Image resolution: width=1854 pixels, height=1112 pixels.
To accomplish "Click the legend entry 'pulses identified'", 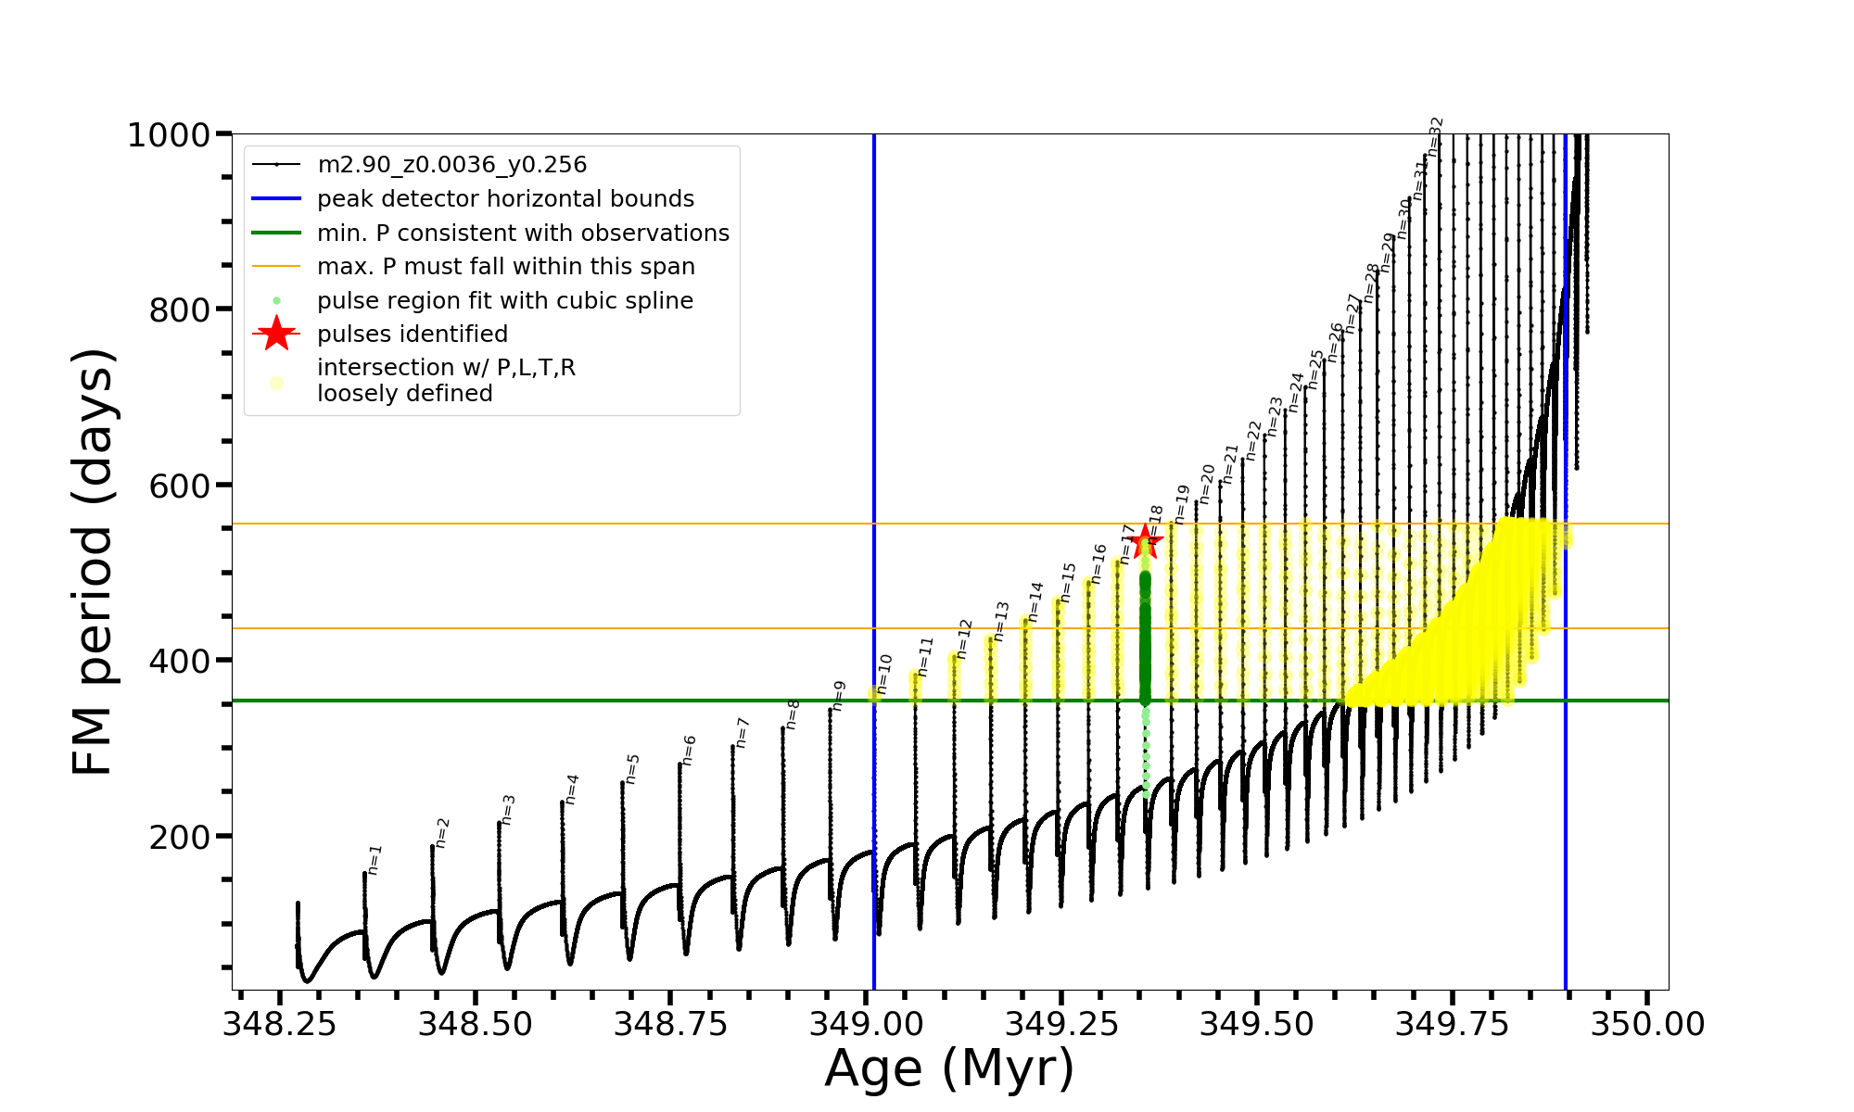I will pos(413,335).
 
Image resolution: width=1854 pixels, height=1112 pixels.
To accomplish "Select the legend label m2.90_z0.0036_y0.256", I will pos(451,165).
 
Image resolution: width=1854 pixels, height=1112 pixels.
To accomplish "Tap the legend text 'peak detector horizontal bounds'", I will pos(505,199).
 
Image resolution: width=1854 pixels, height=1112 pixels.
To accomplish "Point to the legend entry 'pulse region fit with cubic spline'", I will pos(504,301).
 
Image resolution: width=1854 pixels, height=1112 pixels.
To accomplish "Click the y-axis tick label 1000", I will pos(169,135).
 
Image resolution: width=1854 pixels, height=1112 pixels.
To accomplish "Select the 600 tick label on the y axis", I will pos(180,486).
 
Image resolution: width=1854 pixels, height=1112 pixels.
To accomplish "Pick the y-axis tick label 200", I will pos(180,837).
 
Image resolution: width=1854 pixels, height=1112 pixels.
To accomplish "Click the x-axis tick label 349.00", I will pos(866,1024).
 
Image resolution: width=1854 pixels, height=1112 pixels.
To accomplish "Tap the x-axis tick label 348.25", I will pos(280,1024).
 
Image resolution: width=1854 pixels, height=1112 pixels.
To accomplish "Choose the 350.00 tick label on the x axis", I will pos(1647,1024).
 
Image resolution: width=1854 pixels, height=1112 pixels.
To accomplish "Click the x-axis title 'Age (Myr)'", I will pos(949,1068).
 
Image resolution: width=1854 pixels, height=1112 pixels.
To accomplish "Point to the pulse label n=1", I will pos(375,860).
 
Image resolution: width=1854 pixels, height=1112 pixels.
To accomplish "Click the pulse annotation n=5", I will pos(633,769).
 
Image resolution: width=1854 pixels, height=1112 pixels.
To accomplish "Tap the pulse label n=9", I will pos(839,696).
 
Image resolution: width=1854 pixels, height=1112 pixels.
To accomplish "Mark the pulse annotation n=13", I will pos(1001,621).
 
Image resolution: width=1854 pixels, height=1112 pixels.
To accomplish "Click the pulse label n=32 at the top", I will pos(1436,135).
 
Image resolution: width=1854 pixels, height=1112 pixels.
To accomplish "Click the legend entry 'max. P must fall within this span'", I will pos(505,267).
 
